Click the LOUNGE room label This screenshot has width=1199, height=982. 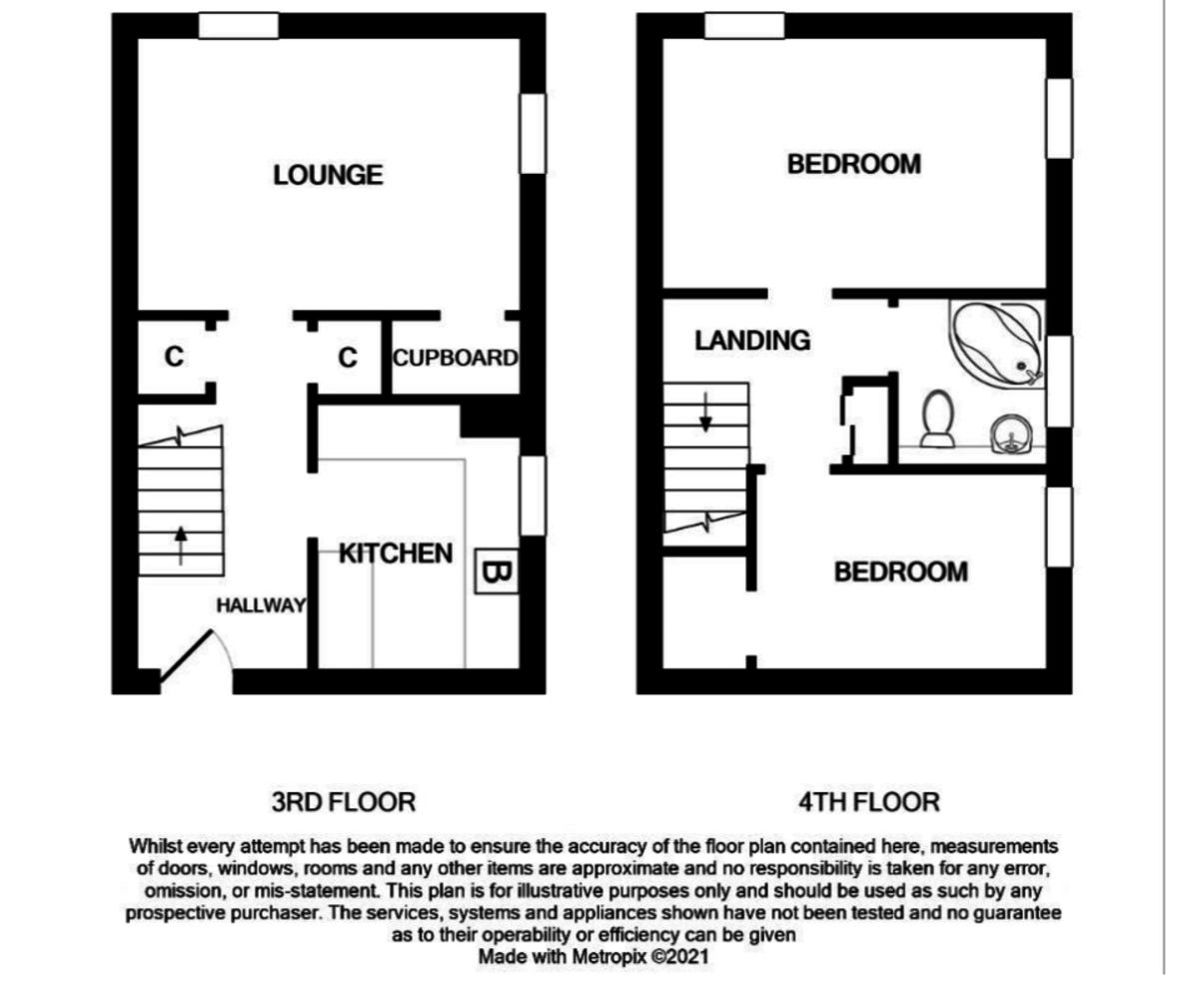tap(328, 175)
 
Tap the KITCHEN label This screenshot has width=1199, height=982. tap(396, 553)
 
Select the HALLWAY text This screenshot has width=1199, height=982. tap(261, 605)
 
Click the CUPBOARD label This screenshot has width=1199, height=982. tap(455, 358)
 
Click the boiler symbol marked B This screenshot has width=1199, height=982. tap(497, 572)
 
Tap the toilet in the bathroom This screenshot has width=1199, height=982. tap(937, 419)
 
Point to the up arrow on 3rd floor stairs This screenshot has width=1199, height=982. tap(180, 545)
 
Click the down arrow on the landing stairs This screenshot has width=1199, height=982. tap(705, 412)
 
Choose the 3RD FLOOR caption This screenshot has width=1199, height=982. tap(343, 801)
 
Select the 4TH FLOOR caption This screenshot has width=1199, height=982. tap(868, 801)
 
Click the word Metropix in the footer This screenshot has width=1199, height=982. tap(608, 956)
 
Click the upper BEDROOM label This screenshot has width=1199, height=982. tap(853, 164)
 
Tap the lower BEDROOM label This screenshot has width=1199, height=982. tap(900, 571)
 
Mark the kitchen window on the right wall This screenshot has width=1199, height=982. tap(535, 494)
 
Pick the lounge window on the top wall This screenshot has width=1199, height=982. tap(238, 26)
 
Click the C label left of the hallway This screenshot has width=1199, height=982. tap(174, 357)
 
